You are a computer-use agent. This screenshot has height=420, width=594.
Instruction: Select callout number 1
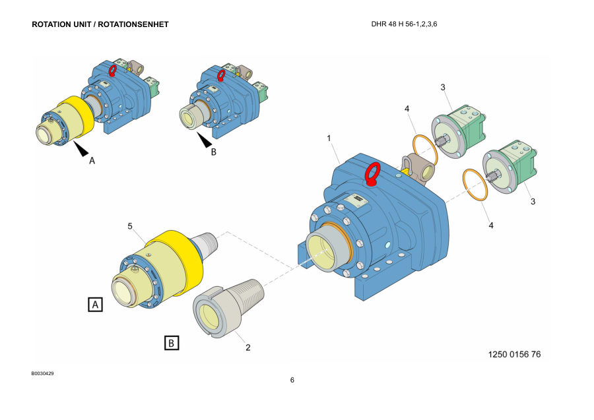(329, 138)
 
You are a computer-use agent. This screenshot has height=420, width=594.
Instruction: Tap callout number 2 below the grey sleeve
(247, 347)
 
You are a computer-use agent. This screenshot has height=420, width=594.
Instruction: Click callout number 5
(130, 226)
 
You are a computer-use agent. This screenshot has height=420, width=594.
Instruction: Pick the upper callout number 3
(443, 88)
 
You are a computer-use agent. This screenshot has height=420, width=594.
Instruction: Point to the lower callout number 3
(533, 202)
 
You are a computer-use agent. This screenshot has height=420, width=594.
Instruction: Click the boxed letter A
(96, 304)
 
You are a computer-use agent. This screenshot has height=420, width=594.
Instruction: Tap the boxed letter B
(172, 343)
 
